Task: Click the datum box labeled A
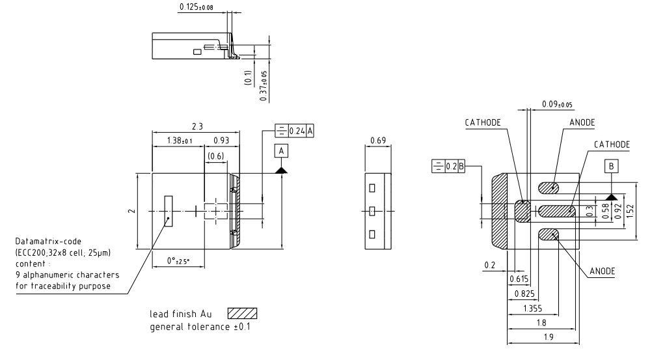coord(282,151)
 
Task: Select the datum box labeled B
coord(611,166)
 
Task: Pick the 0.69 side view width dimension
coord(377,141)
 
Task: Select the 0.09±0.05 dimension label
coord(557,104)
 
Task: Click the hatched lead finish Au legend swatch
coord(243,314)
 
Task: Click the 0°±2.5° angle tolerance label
coord(178,261)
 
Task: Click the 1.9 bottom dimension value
coord(541,338)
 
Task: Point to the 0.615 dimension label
coord(517,280)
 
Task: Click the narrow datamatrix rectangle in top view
coord(168,211)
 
